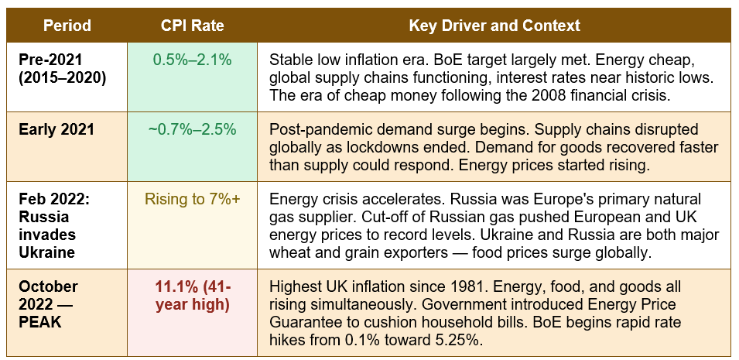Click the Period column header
pyautogui.click(x=67, y=26)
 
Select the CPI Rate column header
pyautogui.click(x=192, y=26)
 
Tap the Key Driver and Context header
pyautogui.click(x=494, y=26)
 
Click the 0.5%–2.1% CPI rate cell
pyautogui.click(x=192, y=60)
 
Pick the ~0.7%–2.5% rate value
pyautogui.click(x=192, y=129)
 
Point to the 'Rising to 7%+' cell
pyautogui.click(x=192, y=199)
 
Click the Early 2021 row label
pyautogui.click(x=56, y=130)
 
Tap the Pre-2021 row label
pyautogui.click(x=50, y=60)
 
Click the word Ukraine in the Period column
pyautogui.click(x=46, y=252)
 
